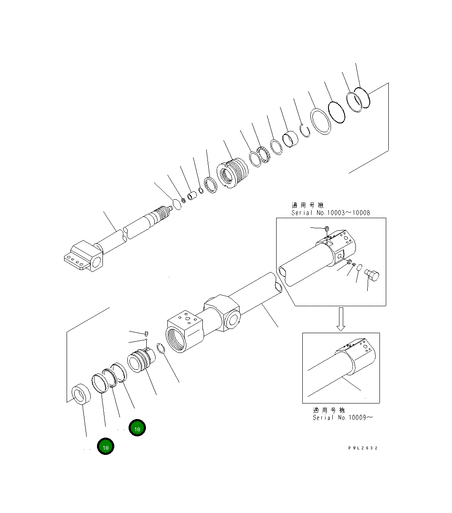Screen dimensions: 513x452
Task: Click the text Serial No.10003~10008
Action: [331, 213]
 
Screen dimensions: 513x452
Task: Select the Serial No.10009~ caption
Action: [342, 418]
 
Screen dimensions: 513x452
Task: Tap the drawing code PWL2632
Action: [363, 448]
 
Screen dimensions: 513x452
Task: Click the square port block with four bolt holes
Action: [185, 331]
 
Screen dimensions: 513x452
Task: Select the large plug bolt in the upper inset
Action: [372, 275]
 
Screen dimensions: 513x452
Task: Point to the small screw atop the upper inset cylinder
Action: [326, 229]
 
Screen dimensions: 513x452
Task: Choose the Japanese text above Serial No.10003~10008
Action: [307, 206]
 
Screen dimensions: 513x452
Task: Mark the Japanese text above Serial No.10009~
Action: [329, 410]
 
